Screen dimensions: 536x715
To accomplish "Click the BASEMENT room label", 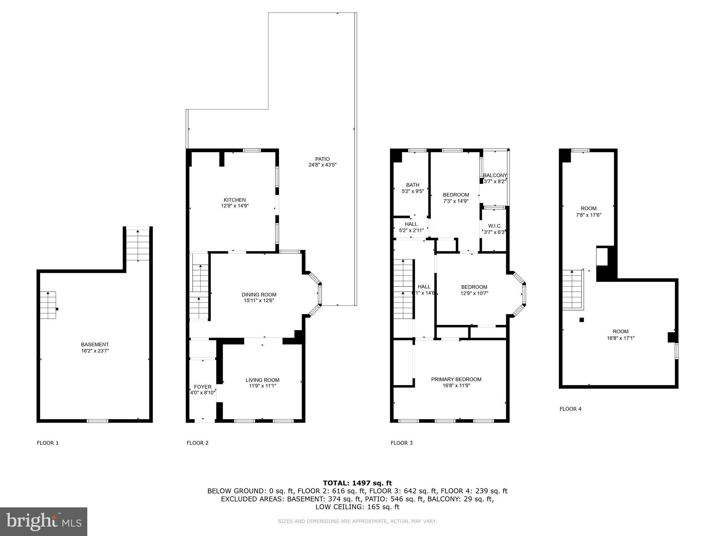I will (x=95, y=344).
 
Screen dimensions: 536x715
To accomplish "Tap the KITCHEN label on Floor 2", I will (x=235, y=200).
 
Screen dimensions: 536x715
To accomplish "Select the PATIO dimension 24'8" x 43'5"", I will (x=322, y=165).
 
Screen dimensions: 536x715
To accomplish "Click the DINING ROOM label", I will (x=259, y=295).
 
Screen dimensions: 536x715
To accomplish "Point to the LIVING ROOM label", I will (x=262, y=380).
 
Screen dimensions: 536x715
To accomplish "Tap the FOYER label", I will (x=202, y=387).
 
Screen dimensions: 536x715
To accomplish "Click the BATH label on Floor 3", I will (x=413, y=185).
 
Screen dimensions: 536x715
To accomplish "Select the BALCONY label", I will (x=495, y=175).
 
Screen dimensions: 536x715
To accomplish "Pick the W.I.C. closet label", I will (x=495, y=226).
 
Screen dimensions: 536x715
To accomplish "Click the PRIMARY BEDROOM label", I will (x=456, y=379).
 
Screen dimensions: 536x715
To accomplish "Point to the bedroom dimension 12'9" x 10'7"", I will (x=474, y=293).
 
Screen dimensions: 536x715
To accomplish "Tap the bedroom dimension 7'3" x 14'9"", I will (x=456, y=201).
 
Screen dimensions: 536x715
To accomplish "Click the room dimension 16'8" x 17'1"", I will (x=620, y=338).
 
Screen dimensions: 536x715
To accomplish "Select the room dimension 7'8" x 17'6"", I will (x=588, y=215).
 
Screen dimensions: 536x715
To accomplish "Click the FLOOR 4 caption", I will (x=570, y=409).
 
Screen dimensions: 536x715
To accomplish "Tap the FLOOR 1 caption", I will (x=47, y=443).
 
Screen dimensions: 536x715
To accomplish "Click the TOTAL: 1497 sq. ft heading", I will (x=357, y=483).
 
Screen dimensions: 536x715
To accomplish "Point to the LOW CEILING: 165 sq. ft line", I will (x=357, y=507).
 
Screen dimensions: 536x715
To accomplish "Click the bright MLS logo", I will (x=44, y=521).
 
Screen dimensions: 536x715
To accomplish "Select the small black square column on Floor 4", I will (x=582, y=320).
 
